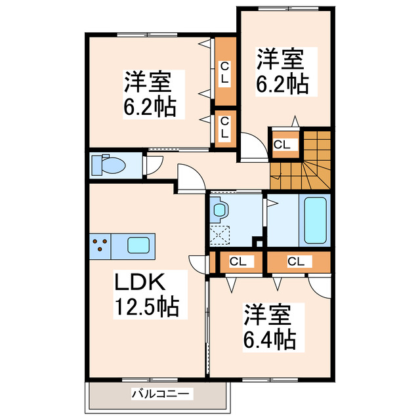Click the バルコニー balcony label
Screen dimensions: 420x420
161,394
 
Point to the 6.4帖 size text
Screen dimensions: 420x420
270,339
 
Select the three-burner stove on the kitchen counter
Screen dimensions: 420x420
100,245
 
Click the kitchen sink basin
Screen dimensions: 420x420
138,245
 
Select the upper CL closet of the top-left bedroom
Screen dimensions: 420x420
225,72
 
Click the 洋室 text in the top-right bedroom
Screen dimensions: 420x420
280,60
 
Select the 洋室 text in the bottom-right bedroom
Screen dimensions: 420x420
268,315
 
